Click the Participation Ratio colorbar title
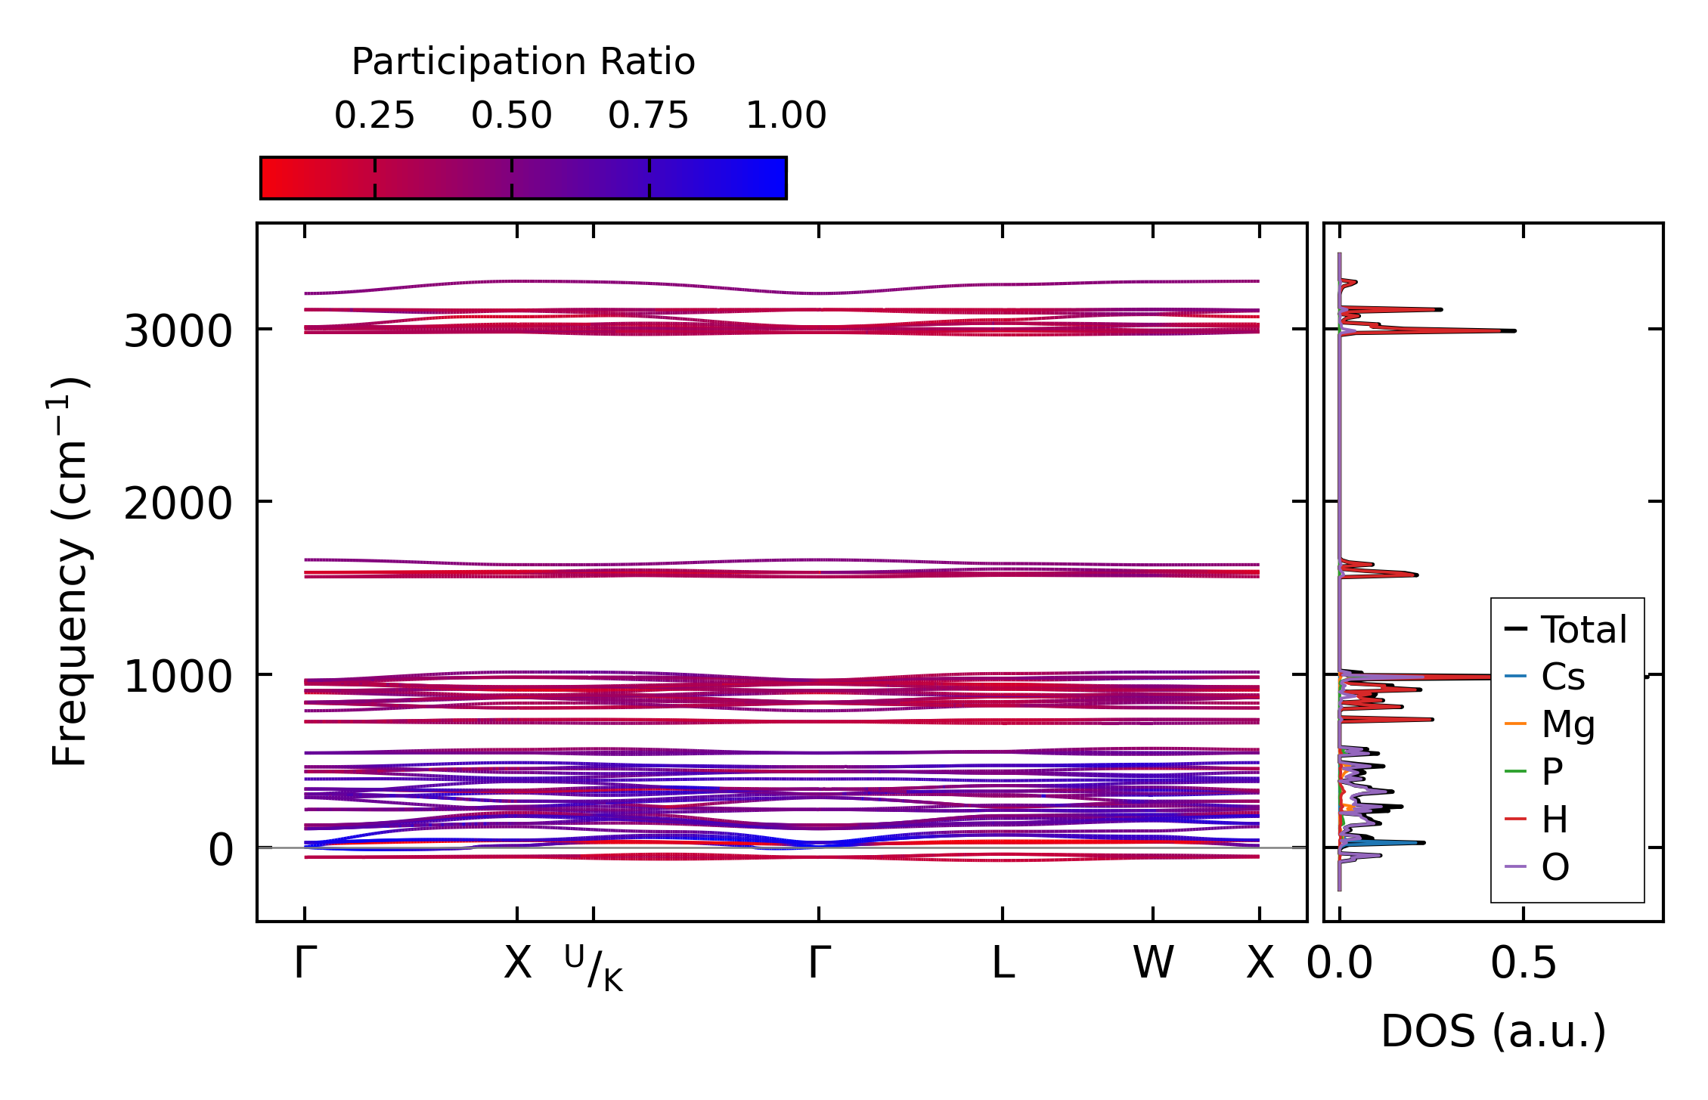tap(523, 62)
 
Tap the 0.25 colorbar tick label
tap(374, 116)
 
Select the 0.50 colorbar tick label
tap(512, 116)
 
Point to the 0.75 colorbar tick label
tap(649, 116)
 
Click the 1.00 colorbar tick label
tap(786, 116)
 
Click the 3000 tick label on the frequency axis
tap(178, 331)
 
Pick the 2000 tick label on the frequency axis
tap(178, 504)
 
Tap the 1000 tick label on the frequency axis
tap(178, 677)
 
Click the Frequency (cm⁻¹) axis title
tap(70, 572)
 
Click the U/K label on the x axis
tap(594, 968)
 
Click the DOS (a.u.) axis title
tap(1493, 1032)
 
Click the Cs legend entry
tap(1562, 677)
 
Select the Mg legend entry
tap(1568, 724)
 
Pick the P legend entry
tap(1551, 772)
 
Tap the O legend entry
tap(1555, 867)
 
